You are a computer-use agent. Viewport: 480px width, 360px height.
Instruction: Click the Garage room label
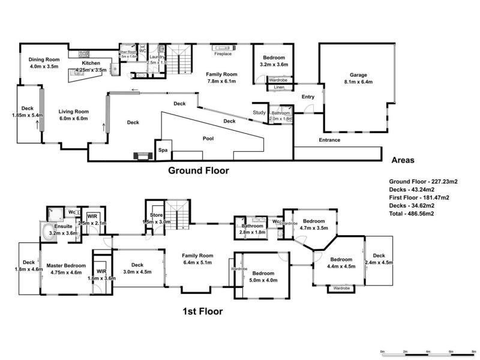[358, 76]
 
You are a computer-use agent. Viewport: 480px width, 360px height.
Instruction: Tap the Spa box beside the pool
[162, 151]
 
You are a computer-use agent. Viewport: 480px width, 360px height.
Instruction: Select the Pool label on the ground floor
[208, 137]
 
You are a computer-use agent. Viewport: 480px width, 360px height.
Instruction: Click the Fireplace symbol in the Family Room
[224, 47]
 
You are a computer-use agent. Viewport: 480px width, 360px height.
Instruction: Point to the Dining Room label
[44, 59]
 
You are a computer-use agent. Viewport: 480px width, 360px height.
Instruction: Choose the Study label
[259, 112]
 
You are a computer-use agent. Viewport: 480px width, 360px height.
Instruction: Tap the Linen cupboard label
[279, 88]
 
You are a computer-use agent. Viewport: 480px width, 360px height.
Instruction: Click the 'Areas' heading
[403, 160]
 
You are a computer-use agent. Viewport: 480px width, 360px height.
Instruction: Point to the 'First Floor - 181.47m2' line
[419, 197]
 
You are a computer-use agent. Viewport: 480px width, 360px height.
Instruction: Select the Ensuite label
[64, 226]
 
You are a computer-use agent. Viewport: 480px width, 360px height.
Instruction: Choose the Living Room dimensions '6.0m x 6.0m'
[73, 119]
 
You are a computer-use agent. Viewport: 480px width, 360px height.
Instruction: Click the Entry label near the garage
[308, 97]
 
